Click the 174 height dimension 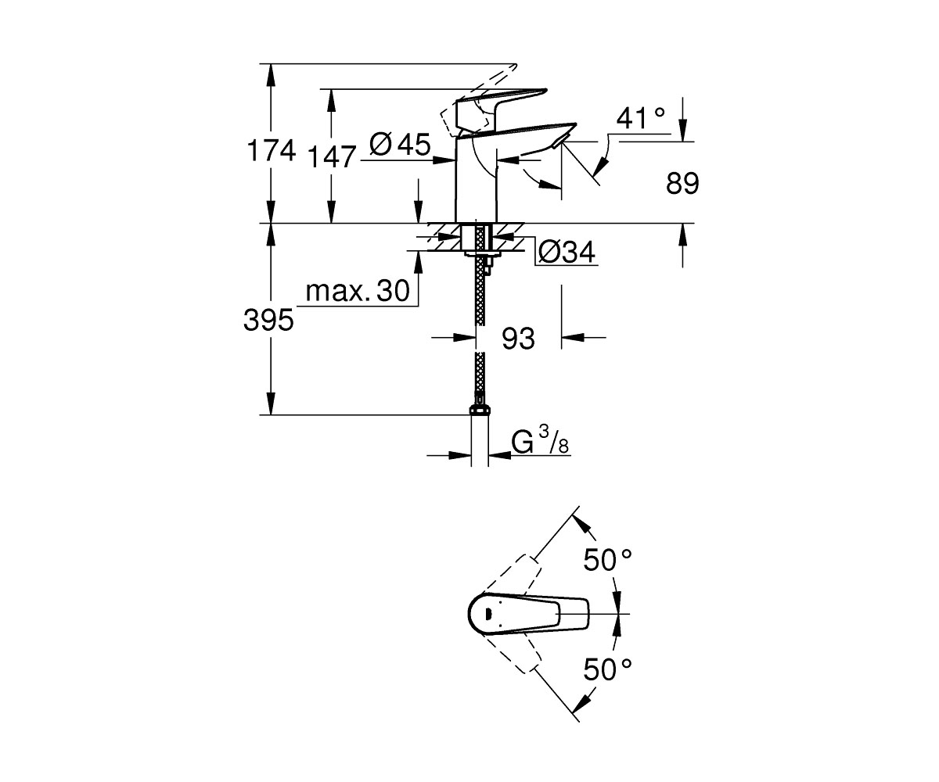(272, 151)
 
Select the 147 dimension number (332, 157)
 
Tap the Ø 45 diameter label (400, 144)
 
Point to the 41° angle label (640, 119)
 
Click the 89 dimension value (682, 183)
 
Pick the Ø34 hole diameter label (567, 252)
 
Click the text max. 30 (358, 291)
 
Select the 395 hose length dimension (268, 321)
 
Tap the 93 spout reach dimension (518, 339)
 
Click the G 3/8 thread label (540, 440)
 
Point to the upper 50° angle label (607, 560)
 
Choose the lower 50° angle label (607, 669)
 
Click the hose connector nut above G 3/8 (480, 410)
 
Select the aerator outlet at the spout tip (559, 141)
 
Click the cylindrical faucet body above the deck (477, 180)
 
